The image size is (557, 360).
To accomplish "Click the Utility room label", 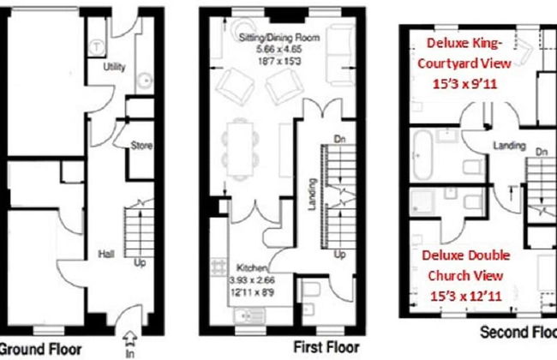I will tap(113, 66).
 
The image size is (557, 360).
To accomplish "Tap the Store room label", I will tap(141, 146).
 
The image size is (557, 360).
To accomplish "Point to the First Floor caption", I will tap(326, 348).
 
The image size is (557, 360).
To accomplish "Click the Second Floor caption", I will tap(518, 333).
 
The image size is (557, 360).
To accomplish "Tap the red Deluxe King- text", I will tap(470, 44).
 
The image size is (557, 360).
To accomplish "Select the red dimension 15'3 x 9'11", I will tap(470, 83).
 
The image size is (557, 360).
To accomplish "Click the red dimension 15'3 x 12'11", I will tap(470, 296).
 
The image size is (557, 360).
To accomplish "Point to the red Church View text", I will tap(470, 276).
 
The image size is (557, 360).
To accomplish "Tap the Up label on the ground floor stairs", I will tap(140, 262).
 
